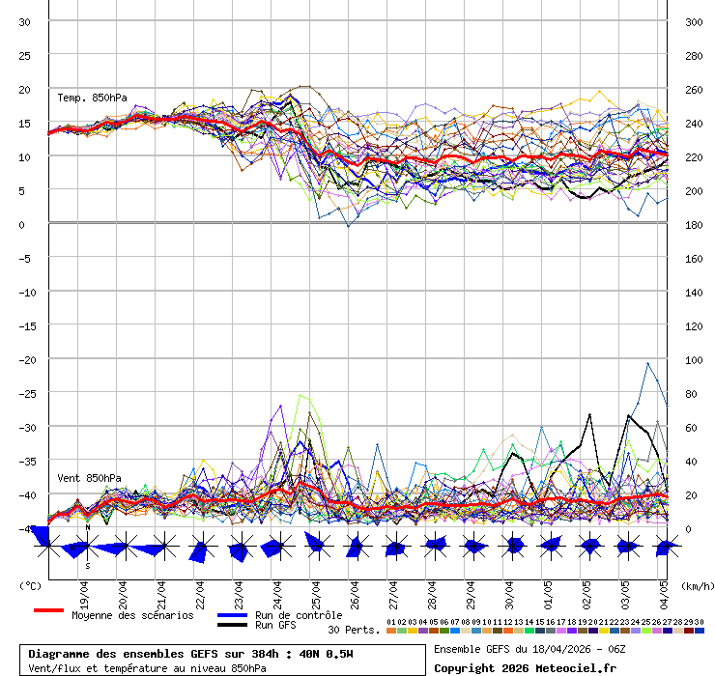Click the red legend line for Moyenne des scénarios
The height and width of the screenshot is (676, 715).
tap(48, 610)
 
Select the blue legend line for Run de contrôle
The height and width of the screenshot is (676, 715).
tap(232, 615)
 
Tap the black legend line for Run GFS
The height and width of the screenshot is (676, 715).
tap(232, 625)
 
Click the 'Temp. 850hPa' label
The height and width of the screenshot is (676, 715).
tap(92, 98)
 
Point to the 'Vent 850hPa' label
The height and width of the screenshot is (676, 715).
tap(89, 478)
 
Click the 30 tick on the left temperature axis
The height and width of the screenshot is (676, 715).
tap(25, 22)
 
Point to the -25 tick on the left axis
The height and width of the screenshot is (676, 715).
tap(25, 394)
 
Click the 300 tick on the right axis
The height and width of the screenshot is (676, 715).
tap(693, 22)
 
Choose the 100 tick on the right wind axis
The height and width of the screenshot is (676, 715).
tap(693, 360)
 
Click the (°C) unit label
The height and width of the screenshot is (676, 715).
tap(31, 585)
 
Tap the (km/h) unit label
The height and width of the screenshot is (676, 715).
tap(696, 585)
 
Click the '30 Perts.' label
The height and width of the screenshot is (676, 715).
tap(354, 630)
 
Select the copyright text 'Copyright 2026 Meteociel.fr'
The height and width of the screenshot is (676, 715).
tap(525, 667)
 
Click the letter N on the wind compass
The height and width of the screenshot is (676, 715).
tap(87, 527)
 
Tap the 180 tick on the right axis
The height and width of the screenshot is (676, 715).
tap(693, 225)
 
